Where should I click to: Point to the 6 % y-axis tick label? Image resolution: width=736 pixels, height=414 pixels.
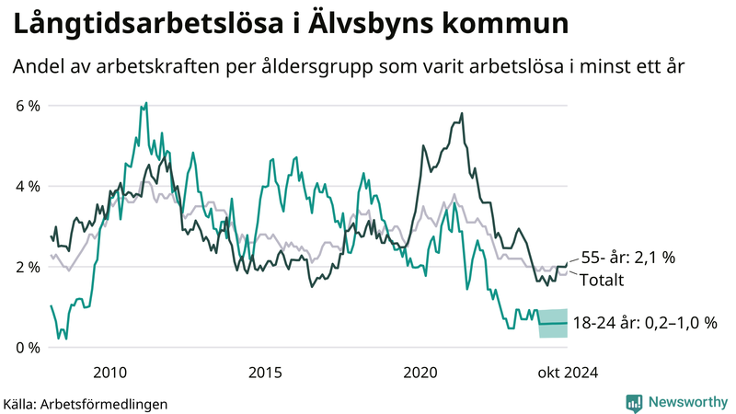click(29, 106)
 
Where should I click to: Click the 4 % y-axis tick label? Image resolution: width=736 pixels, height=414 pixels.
click(29, 187)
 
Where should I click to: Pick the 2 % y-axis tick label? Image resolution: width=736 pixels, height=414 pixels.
click(29, 267)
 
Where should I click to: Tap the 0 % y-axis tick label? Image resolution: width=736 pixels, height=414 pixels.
click(29, 348)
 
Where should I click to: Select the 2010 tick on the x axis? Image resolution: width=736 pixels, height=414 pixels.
click(109, 373)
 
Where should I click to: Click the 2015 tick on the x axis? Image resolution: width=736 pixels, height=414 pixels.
click(265, 373)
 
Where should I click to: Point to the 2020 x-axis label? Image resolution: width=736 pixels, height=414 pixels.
click(420, 373)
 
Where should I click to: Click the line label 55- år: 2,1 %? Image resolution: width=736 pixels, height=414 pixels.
click(623, 259)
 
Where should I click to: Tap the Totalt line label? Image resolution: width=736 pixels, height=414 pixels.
click(601, 280)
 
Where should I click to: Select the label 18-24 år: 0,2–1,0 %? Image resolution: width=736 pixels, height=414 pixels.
click(644, 323)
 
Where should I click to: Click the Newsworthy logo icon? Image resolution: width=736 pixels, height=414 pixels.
click(634, 402)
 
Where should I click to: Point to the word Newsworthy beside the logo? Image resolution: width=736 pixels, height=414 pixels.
click(686, 402)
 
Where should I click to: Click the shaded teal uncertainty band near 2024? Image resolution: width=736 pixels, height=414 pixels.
click(553, 324)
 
